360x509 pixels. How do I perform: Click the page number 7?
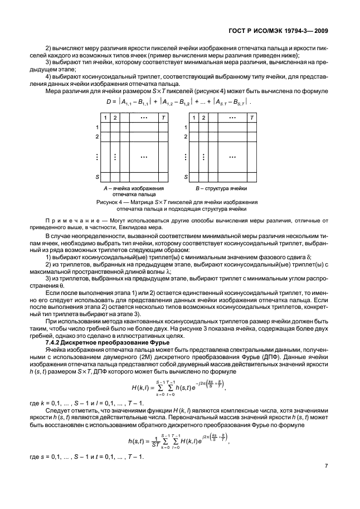point(325,483)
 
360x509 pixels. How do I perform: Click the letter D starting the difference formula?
point(109,102)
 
